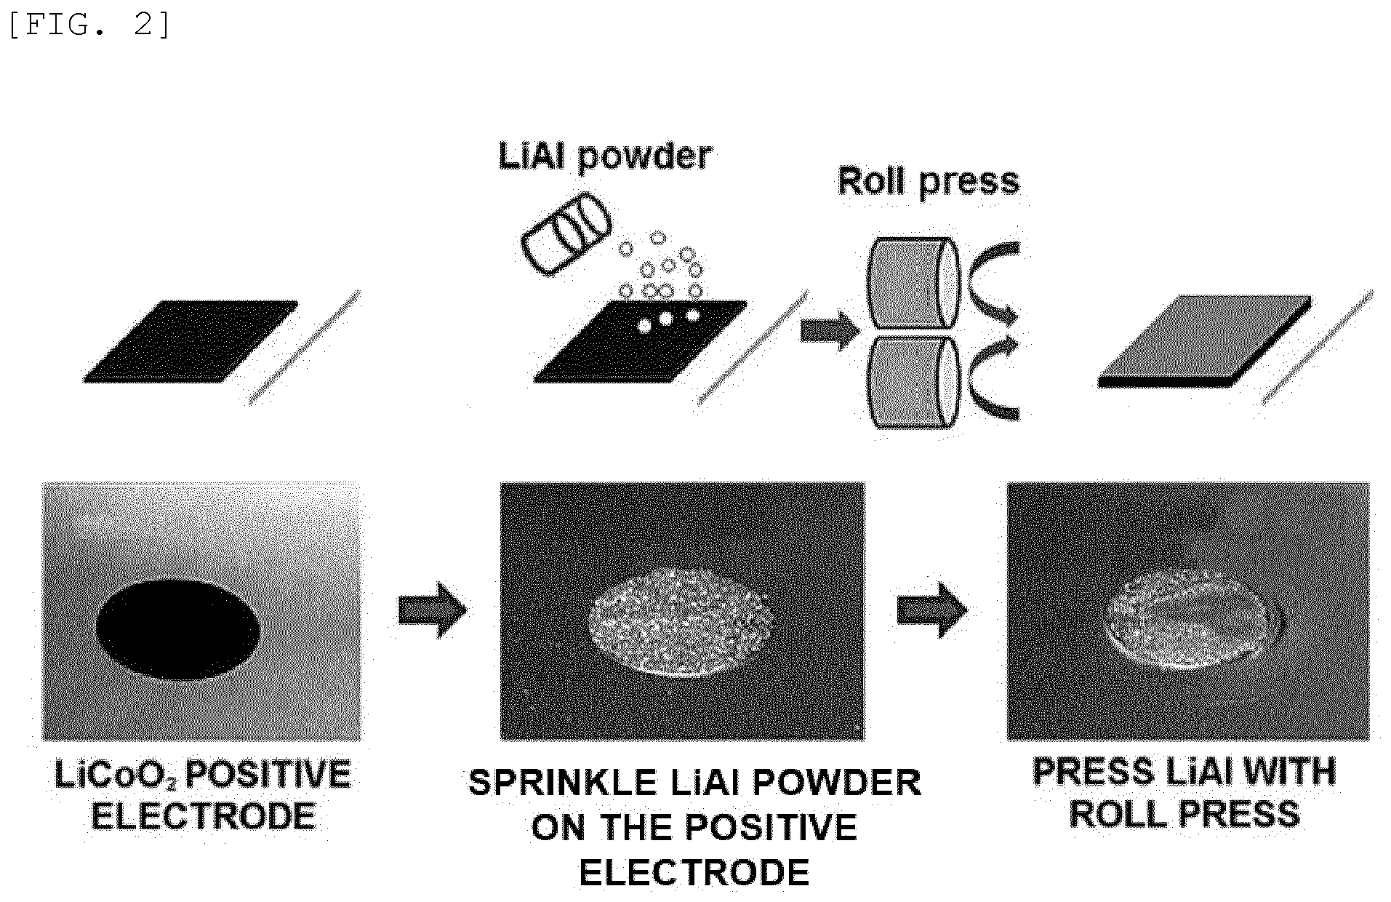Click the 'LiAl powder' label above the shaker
coord(605,156)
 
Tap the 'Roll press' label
coord(929,182)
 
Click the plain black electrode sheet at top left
coord(191,341)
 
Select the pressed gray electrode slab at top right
coord(1205,341)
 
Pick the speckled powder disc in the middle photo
coord(683,621)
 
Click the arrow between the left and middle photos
coord(432,610)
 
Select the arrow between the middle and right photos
coord(932,610)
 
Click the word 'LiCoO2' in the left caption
coord(116,775)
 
